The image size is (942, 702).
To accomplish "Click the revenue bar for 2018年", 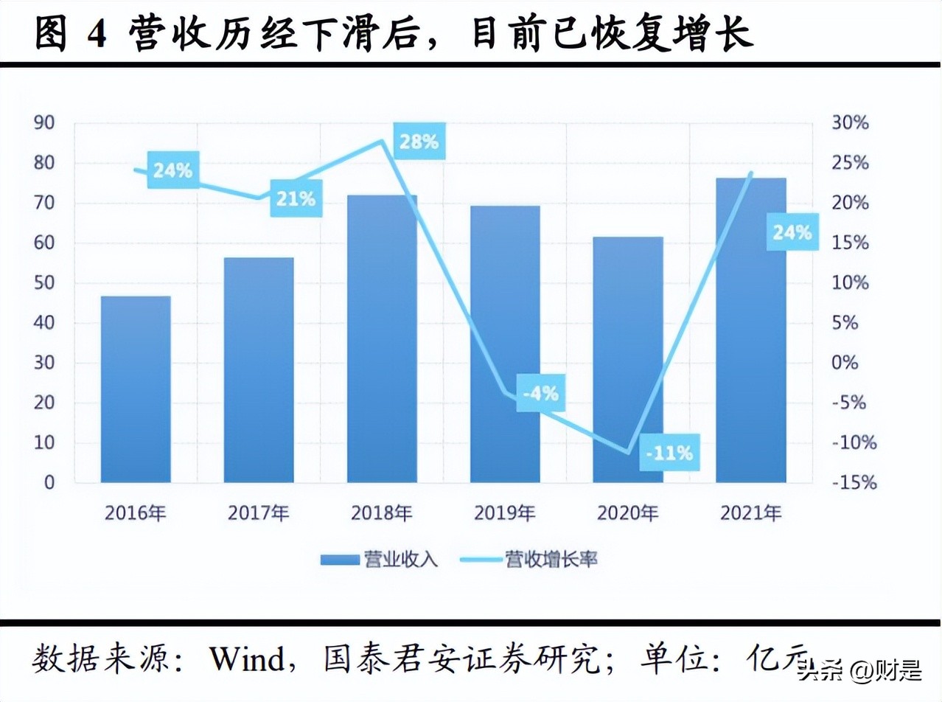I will pos(382,339).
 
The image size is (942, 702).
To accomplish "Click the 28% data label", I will pos(419,142).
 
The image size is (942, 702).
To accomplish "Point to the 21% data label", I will pos(296,198).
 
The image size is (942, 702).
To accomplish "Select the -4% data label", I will pos(540,394).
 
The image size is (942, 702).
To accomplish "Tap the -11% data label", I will pos(669,453).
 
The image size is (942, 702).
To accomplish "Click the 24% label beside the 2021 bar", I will pos(792,233).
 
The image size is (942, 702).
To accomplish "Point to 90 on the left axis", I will pos(44,123).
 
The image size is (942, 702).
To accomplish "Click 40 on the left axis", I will pos(44,323).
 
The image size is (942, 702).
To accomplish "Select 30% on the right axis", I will pos(850,123).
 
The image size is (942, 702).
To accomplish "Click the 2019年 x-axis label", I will pos(505,512).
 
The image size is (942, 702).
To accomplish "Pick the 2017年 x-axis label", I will pos(259,512).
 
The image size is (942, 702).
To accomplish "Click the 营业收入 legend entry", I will pos(380,560).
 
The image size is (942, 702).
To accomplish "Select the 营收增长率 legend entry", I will pos(529,560).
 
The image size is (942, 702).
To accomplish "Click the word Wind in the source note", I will pos(246,658).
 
